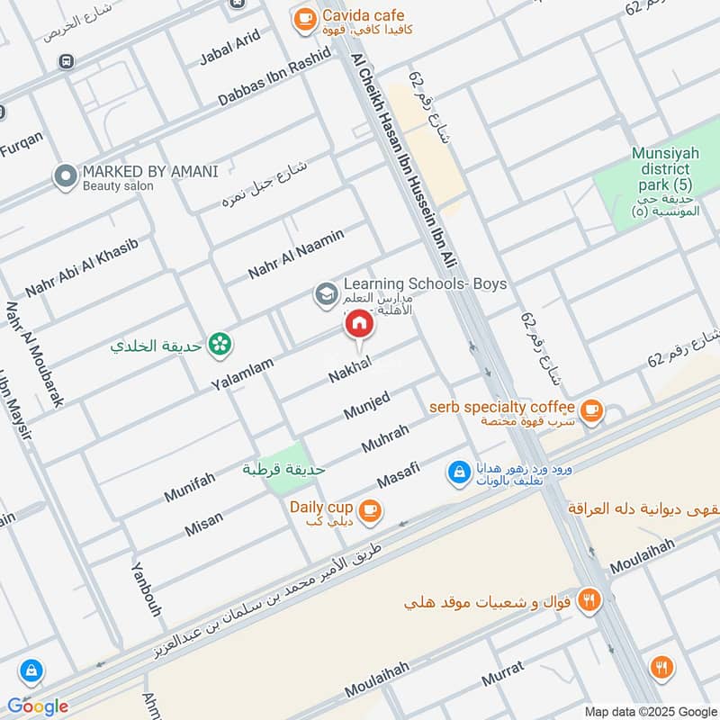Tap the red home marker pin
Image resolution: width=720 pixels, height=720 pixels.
click(x=358, y=324)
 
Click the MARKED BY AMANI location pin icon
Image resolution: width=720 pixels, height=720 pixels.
click(x=65, y=176)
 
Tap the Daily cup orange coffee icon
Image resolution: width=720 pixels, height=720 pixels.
click(x=369, y=511)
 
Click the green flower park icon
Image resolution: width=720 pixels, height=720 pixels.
click(x=217, y=343)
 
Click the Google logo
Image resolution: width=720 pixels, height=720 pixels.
click(x=38, y=706)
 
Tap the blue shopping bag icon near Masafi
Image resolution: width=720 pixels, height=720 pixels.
click(x=459, y=472)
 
